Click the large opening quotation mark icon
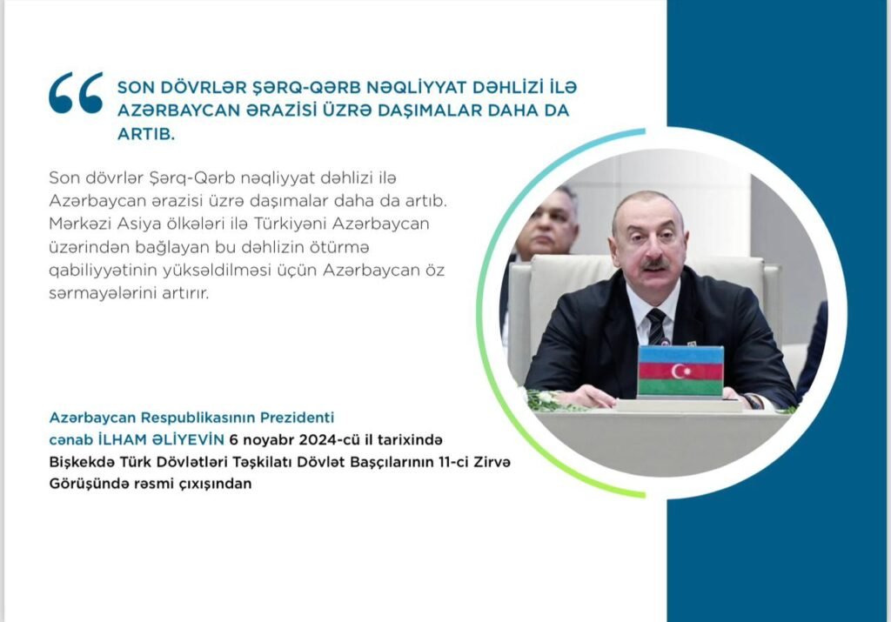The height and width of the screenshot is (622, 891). tap(76, 92)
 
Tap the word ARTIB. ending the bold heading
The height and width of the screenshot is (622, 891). tap(146, 133)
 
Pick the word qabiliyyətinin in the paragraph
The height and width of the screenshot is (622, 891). tap(102, 271)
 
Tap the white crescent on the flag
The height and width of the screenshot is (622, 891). tap(678, 371)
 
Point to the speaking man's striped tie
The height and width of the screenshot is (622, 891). tap(656, 325)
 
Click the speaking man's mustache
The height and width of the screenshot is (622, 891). tap(654, 264)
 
